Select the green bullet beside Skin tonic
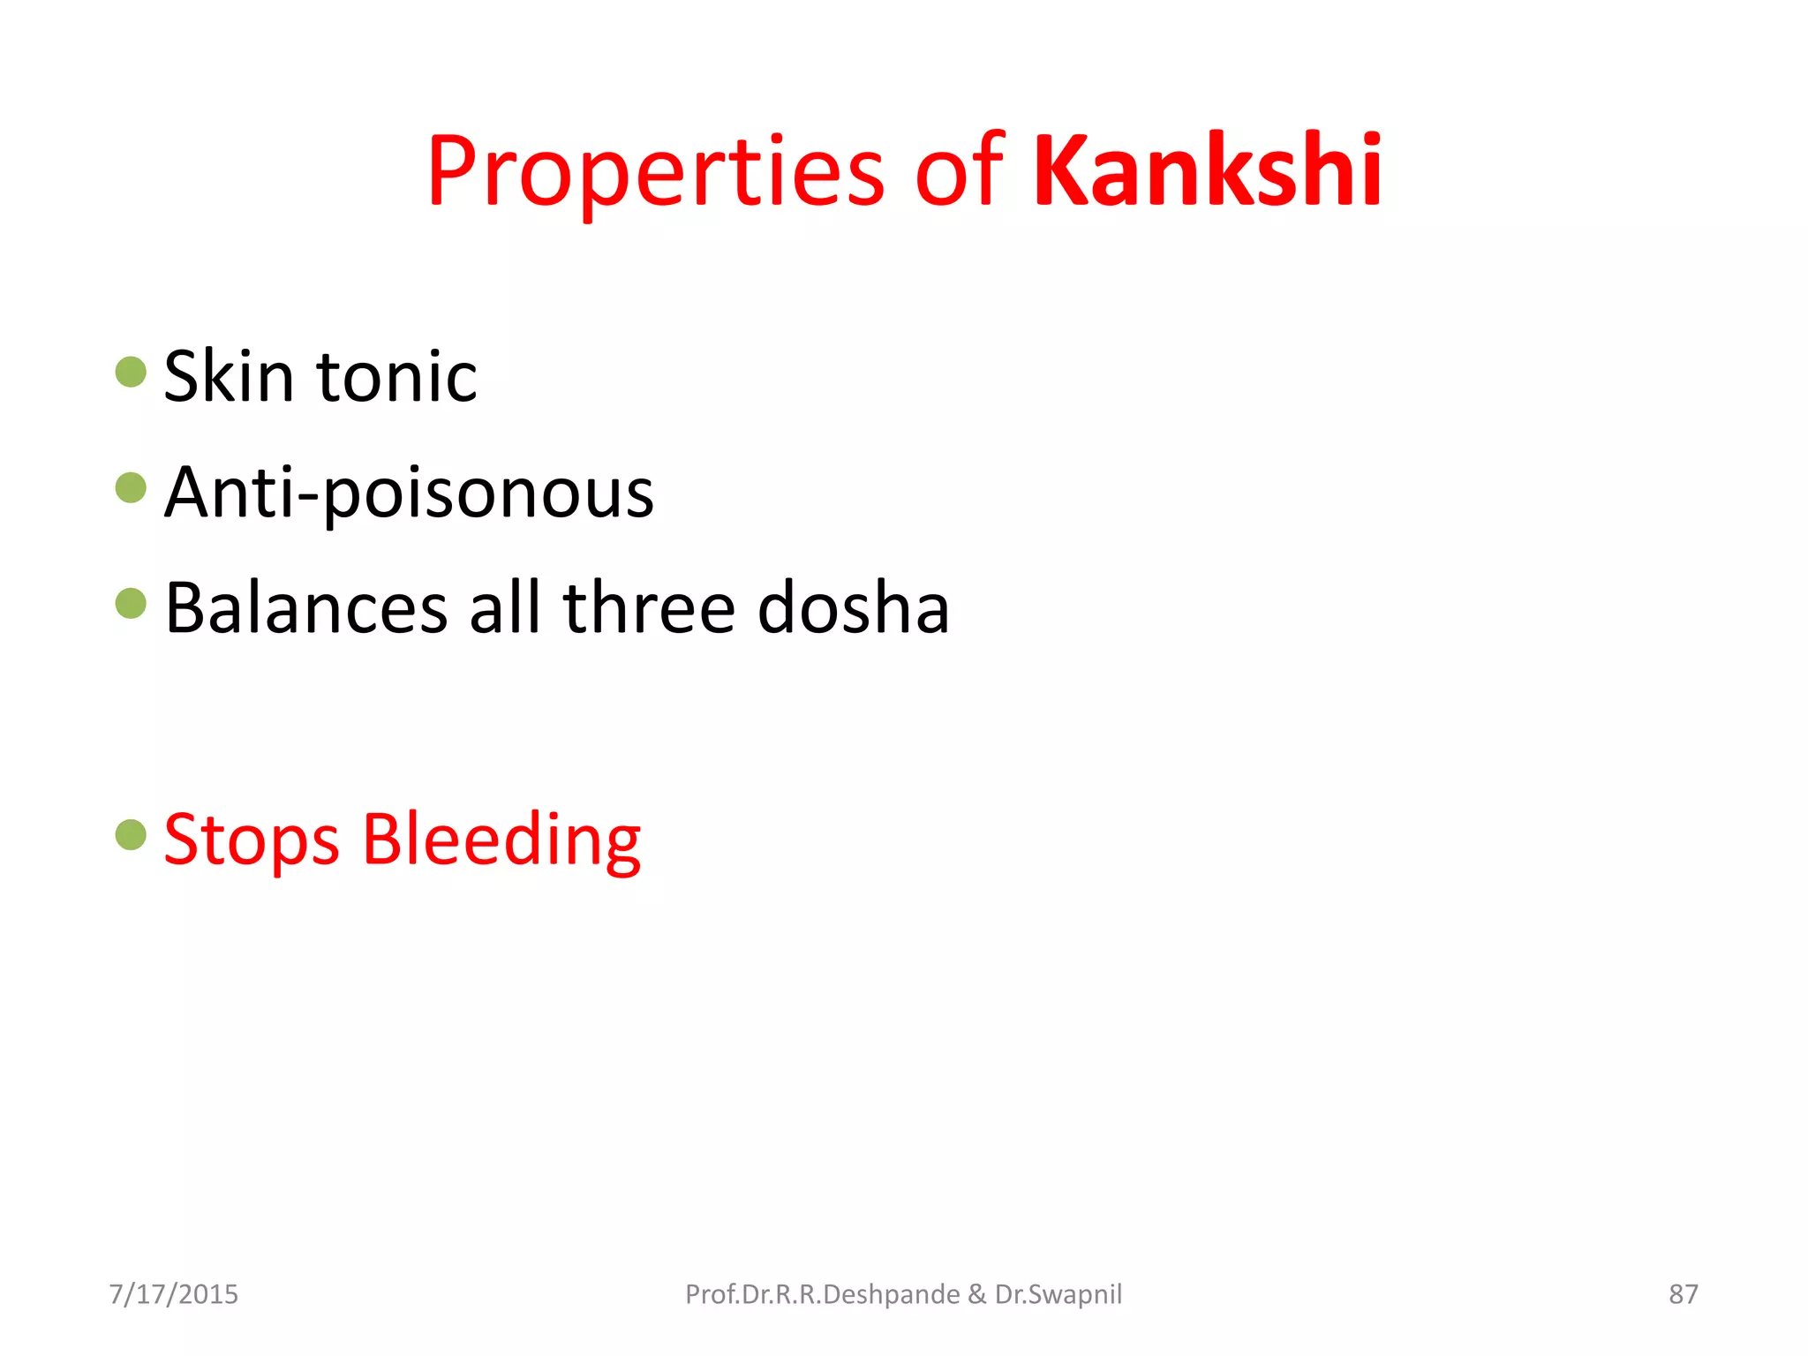pyautogui.click(x=131, y=372)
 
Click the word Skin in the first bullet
pyautogui.click(x=229, y=377)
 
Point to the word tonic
pyautogui.click(x=396, y=377)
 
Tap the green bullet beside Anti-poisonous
pyautogui.click(x=131, y=487)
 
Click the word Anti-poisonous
pyautogui.click(x=409, y=493)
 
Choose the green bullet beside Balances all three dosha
pyautogui.click(x=131, y=604)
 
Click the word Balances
pyautogui.click(x=306, y=608)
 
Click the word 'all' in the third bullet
pyautogui.click(x=505, y=608)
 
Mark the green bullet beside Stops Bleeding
pyautogui.click(x=131, y=835)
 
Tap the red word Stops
pyautogui.click(x=252, y=840)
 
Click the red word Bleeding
pyautogui.click(x=501, y=840)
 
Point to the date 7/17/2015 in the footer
pyautogui.click(x=173, y=1294)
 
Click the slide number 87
pyautogui.click(x=1683, y=1294)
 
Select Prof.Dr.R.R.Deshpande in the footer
pyautogui.click(x=822, y=1294)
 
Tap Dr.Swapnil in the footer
pyautogui.click(x=1058, y=1294)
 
